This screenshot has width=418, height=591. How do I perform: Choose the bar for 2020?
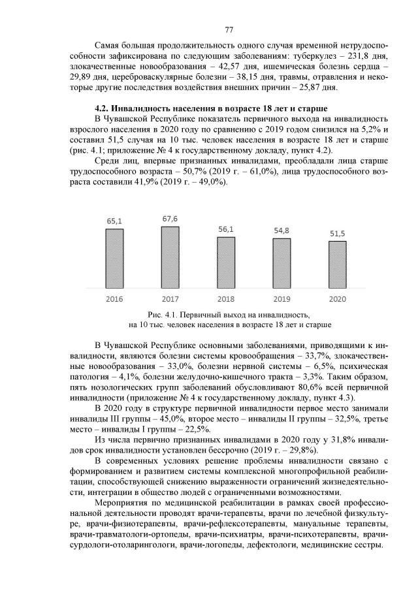coord(338,264)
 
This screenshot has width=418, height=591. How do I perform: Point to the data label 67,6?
coord(170,218)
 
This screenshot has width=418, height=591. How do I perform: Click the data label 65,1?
coord(114,221)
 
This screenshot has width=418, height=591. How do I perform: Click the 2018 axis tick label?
coord(226,299)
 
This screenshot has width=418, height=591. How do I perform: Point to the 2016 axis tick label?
coord(114,299)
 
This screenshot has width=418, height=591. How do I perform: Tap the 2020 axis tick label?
coord(338,299)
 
